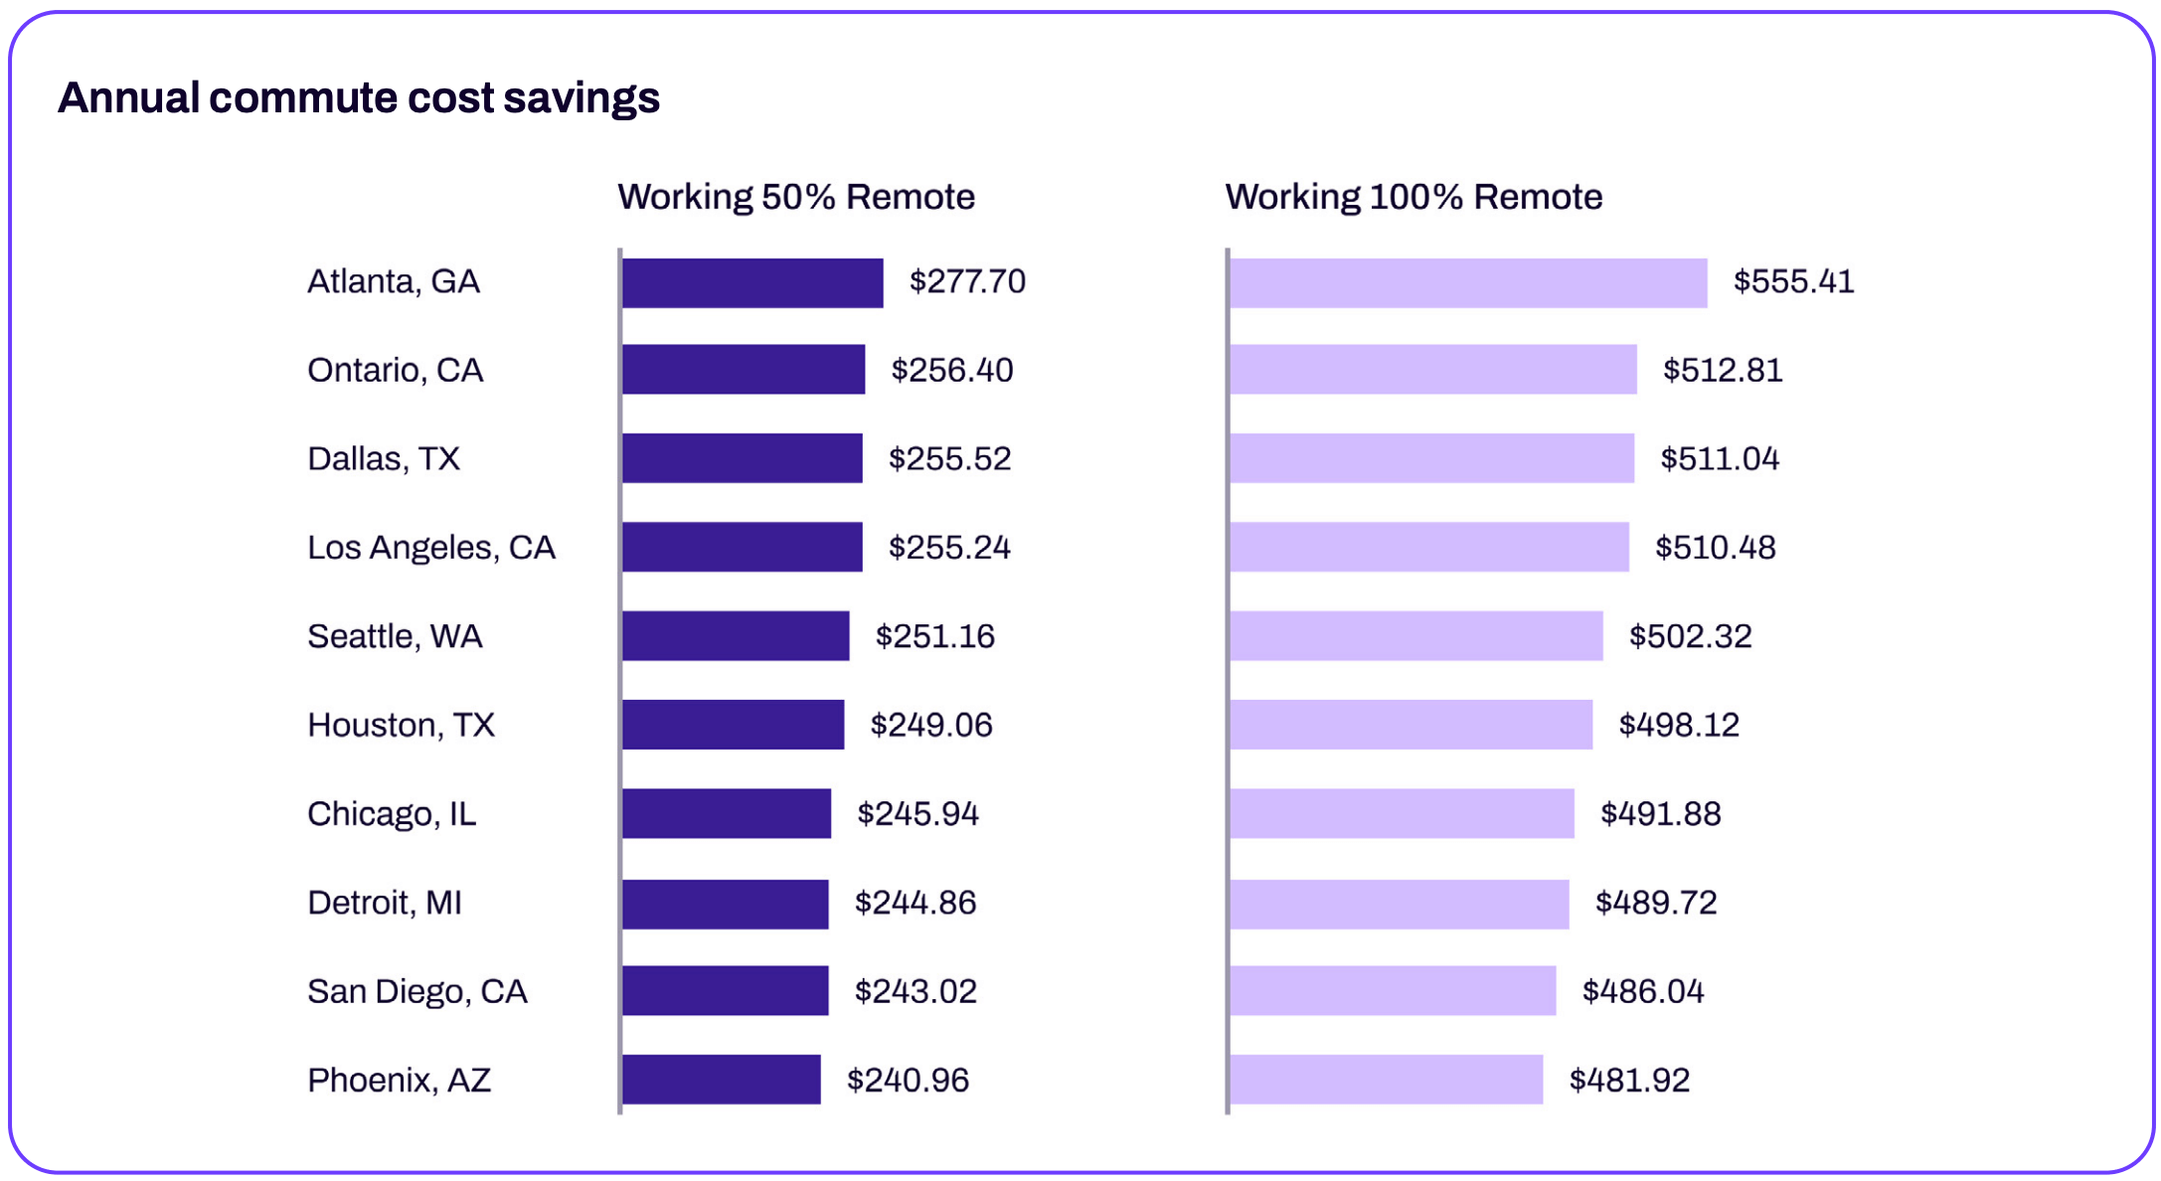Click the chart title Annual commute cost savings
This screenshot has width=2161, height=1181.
coord(359,98)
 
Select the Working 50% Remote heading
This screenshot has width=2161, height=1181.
coord(795,197)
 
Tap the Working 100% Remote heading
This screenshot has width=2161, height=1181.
coord(1413,197)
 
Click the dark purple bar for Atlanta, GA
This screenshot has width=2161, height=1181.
coord(752,282)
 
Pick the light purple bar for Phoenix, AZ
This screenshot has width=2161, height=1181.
coord(1386,1079)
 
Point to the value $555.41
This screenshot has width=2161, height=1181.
coord(1793,281)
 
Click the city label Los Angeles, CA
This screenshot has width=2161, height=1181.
coord(430,547)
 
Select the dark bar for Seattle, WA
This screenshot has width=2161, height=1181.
coord(736,635)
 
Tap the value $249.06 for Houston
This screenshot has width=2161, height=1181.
coord(930,725)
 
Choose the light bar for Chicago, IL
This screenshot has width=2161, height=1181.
coord(1402,813)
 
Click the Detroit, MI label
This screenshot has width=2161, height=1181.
coord(385,903)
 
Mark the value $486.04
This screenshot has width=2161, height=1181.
coord(1642,991)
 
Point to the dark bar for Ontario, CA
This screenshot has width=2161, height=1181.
coord(744,369)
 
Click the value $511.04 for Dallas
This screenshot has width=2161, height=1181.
coord(1719,458)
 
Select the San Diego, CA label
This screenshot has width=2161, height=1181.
coord(416,991)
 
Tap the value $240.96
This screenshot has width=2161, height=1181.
coord(907,1080)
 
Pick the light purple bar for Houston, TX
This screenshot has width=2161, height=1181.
coord(1411,725)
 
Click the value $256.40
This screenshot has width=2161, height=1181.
coord(951,370)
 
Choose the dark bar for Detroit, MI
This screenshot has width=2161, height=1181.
coord(725,904)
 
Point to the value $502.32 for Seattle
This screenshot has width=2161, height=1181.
coord(1689,636)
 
